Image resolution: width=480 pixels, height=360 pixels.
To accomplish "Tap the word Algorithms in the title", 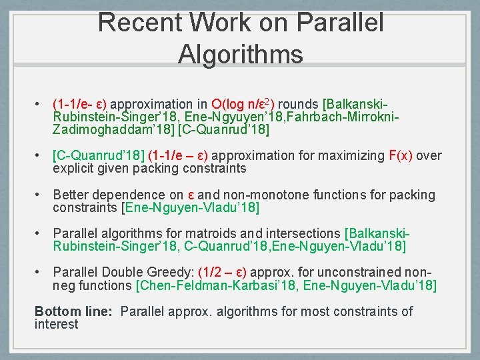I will coord(240,53).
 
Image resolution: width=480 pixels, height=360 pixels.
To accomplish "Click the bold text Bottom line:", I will coord(74,311).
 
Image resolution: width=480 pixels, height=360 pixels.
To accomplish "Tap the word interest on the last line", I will coord(56,325).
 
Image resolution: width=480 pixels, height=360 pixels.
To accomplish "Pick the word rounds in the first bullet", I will coord(297,104).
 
